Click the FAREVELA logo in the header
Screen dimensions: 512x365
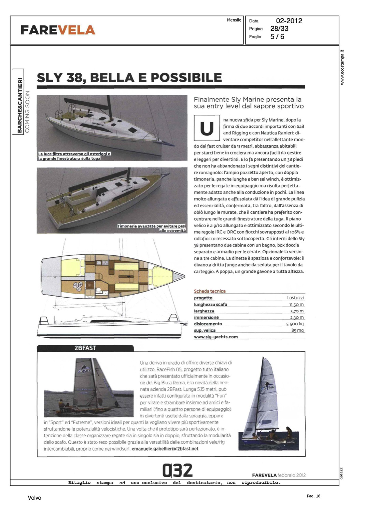(58, 30)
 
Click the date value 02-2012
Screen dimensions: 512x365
(289, 21)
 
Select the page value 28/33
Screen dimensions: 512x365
(279, 29)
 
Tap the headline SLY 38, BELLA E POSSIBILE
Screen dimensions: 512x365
(129, 77)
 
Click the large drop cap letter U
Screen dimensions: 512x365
(206, 128)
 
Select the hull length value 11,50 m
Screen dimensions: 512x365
(296, 304)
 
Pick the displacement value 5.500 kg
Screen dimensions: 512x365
(295, 324)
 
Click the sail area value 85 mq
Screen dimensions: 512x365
(297, 330)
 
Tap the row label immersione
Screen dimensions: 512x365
(206, 317)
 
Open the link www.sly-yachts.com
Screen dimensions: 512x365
(216, 337)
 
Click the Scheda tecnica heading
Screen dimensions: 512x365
(210, 291)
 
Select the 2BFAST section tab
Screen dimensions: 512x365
(85, 348)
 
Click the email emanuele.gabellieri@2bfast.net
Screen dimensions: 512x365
(165, 449)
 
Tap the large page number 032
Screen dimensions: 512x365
(178, 470)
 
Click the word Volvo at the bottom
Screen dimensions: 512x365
(34, 498)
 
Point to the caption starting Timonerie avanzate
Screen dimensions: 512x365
(152, 228)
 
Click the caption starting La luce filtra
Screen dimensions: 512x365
(74, 156)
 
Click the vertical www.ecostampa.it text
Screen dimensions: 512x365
(342, 68)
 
